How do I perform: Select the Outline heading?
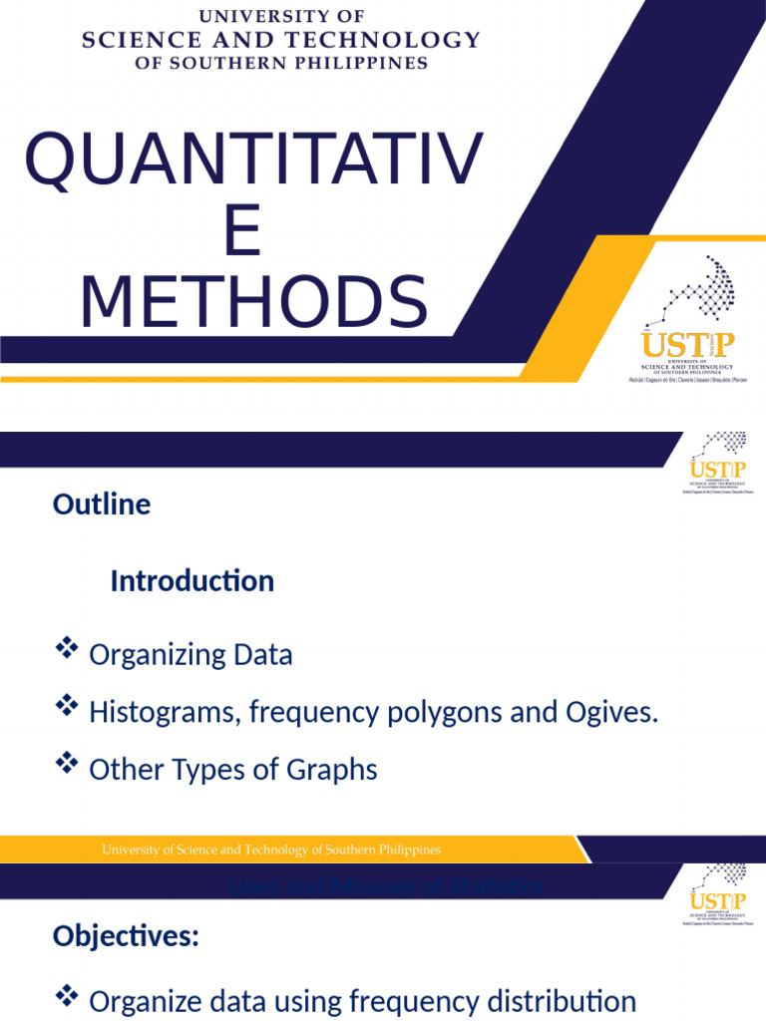(x=102, y=505)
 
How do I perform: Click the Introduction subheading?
(x=191, y=581)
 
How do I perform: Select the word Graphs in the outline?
(x=332, y=770)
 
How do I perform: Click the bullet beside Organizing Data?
(x=67, y=650)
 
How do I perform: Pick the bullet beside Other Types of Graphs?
(x=67, y=765)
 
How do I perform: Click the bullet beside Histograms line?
(x=67, y=708)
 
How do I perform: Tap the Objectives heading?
(x=126, y=936)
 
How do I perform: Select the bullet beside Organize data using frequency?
(x=67, y=995)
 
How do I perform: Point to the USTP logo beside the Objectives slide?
(x=716, y=894)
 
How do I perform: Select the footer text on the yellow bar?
(x=271, y=850)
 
